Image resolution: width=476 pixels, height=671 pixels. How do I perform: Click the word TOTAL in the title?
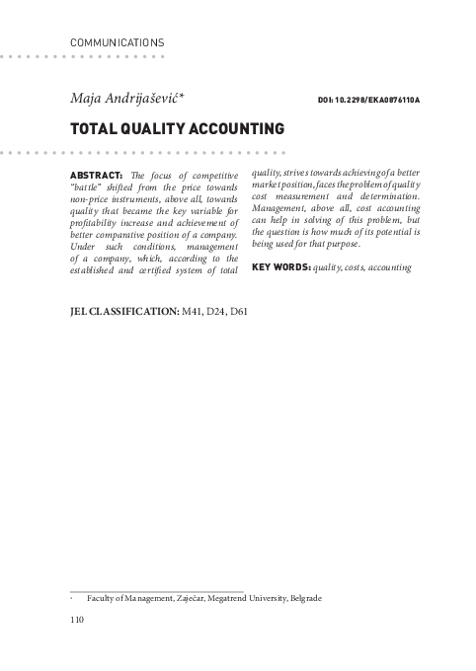coord(92,129)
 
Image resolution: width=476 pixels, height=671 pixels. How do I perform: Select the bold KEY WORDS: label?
coord(281,267)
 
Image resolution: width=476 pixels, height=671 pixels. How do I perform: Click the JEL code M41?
coord(192,311)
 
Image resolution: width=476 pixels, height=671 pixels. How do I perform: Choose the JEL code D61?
coord(239,311)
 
